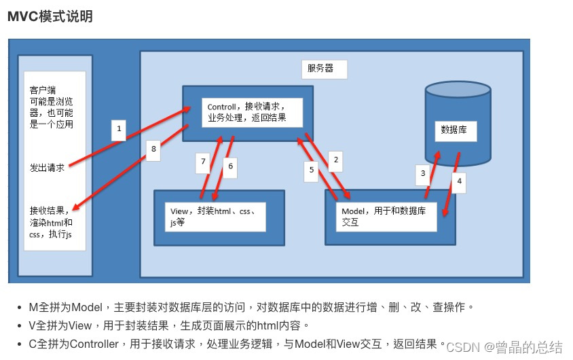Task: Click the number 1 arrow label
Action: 119,128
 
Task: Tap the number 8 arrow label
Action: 153,149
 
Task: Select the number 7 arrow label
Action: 202,162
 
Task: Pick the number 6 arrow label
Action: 230,166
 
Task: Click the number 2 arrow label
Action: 334,161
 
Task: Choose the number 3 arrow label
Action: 423,173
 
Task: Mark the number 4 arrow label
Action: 459,182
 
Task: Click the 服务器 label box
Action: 325,69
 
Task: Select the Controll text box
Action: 246,113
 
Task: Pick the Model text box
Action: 388,217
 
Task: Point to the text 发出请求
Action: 48,168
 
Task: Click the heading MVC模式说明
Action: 50,17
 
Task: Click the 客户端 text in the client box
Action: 43,89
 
